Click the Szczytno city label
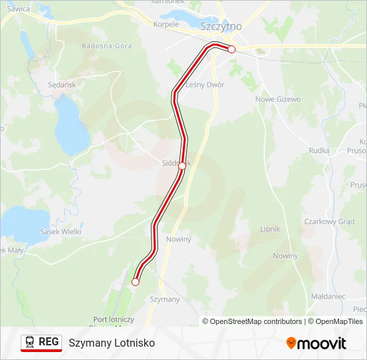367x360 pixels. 221,26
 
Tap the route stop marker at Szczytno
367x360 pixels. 232,49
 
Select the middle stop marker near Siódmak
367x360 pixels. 181,166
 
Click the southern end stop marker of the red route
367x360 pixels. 135,282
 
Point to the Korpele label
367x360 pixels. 166,24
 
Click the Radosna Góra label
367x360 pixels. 107,46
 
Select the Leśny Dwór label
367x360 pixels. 205,85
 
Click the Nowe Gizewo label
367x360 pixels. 278,99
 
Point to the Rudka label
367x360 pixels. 319,151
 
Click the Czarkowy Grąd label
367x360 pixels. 328,221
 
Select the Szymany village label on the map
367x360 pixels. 165,299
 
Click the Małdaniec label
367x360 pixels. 328,296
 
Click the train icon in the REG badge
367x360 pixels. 31,342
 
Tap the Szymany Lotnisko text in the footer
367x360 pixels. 111,343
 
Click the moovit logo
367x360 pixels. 316,343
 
